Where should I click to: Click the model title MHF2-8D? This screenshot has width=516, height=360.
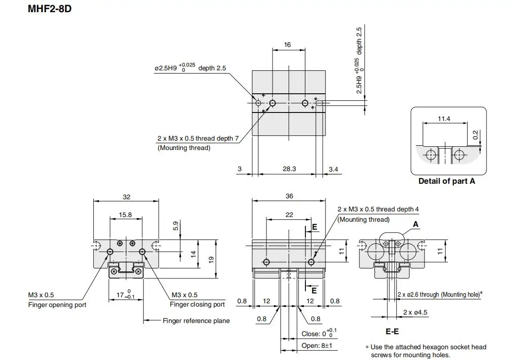[50, 8]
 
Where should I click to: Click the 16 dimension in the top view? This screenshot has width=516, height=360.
[287, 45]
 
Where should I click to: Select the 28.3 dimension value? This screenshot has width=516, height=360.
[289, 169]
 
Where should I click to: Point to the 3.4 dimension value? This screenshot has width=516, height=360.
[334, 169]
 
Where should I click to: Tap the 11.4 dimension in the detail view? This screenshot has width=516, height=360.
[444, 119]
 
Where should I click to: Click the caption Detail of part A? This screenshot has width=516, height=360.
[447, 181]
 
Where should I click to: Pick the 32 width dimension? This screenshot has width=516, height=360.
[127, 197]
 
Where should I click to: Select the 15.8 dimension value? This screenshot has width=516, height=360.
[125, 215]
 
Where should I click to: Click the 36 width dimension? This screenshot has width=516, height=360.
[289, 196]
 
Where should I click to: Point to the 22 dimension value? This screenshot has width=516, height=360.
[289, 215]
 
